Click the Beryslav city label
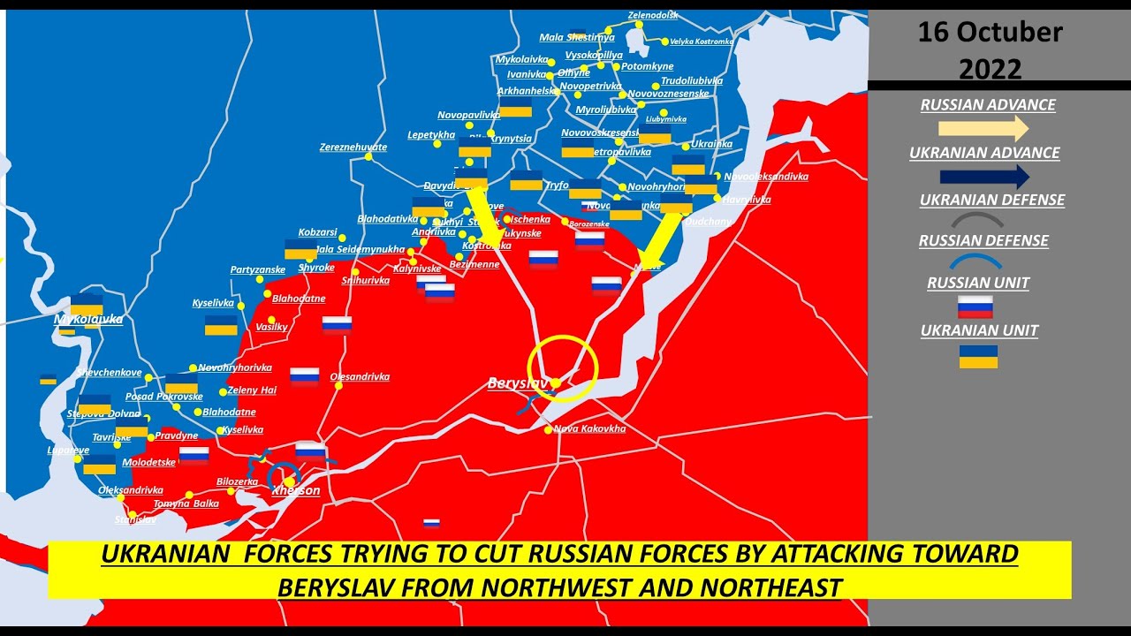[x=516, y=383]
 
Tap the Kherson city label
[x=296, y=490]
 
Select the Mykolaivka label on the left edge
[x=88, y=319]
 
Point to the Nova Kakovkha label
[x=589, y=429]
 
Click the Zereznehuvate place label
[x=353, y=148]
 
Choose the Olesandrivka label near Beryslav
[x=360, y=377]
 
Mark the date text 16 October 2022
[x=990, y=50]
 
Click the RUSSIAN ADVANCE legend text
[x=988, y=105]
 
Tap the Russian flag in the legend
[x=975, y=307]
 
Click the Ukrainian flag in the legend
[x=978, y=356]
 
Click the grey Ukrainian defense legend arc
[x=975, y=220]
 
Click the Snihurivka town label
[x=365, y=281]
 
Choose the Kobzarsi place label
[x=318, y=232]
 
